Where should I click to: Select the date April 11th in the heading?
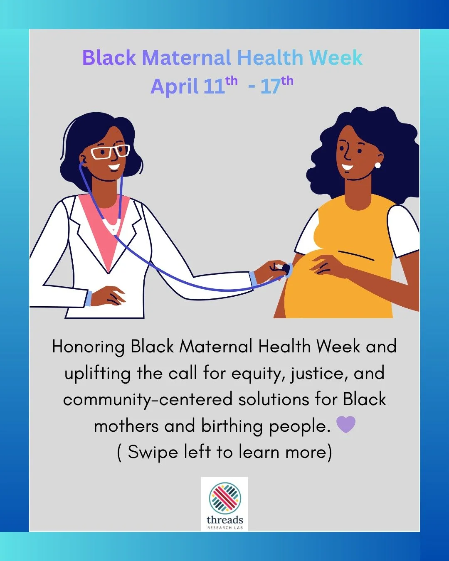point(193,86)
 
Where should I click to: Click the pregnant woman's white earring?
point(377,165)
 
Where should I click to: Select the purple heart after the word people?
point(345,425)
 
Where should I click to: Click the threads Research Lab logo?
point(224,504)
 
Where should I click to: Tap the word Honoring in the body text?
point(88,347)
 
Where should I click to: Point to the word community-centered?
point(148,399)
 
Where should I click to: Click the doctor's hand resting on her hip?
point(108,296)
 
